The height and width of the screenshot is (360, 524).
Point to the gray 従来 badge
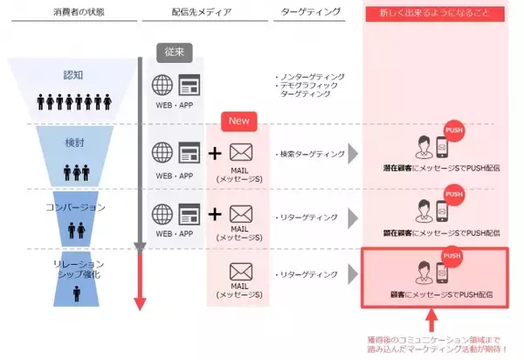(174, 52)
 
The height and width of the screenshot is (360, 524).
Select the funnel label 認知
(73, 75)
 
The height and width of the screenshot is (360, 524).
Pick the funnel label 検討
(73, 142)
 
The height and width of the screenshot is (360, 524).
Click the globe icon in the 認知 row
(163, 85)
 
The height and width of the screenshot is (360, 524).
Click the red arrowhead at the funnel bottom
(139, 302)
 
